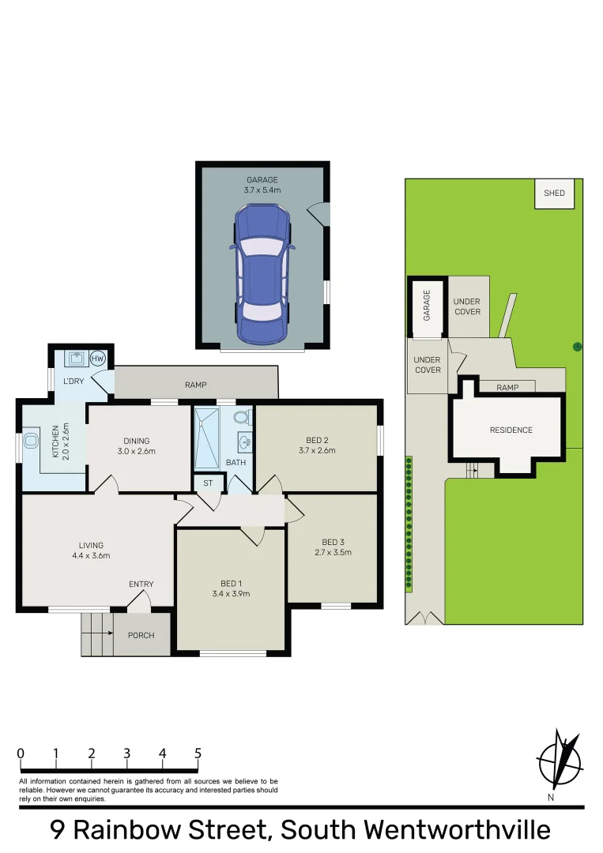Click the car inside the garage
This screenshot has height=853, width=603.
click(262, 274)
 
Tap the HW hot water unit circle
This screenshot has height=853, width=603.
click(98, 359)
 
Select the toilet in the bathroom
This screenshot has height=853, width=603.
click(241, 416)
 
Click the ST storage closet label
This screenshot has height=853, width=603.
click(209, 483)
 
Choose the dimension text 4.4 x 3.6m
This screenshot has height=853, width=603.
click(91, 555)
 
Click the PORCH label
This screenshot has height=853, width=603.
click(141, 635)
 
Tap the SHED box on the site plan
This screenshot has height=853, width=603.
click(554, 194)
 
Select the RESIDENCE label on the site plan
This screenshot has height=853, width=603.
click(511, 430)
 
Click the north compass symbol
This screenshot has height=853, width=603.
click(560, 762)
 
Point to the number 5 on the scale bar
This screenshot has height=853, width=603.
click(198, 753)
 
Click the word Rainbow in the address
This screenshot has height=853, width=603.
click(171, 831)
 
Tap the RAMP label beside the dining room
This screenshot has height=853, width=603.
click(195, 385)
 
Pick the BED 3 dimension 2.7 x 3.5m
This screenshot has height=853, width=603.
click(333, 552)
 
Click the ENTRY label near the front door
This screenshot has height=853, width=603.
click(141, 584)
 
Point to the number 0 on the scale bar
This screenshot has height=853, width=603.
click(21, 753)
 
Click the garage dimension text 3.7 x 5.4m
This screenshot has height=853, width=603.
click(262, 190)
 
